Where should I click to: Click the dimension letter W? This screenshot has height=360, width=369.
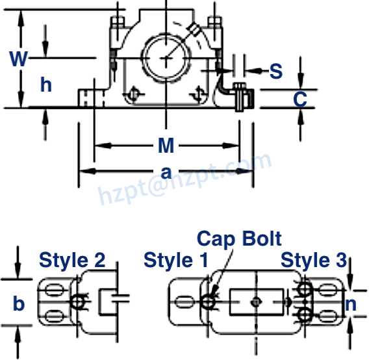[x=19, y=59]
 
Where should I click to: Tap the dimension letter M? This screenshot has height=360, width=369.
[x=166, y=145]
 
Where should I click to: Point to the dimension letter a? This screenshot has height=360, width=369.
[x=166, y=172]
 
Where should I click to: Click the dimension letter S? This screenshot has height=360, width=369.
[x=276, y=71]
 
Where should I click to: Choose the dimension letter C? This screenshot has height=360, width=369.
[x=299, y=99]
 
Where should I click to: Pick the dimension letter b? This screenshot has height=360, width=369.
[x=19, y=303]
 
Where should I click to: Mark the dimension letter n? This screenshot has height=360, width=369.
[x=350, y=303]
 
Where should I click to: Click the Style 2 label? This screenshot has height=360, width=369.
[x=72, y=260]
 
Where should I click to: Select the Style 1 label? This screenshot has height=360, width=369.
[x=176, y=260]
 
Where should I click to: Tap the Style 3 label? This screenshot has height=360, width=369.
[x=313, y=260]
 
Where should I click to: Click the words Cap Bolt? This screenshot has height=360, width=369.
[x=239, y=238]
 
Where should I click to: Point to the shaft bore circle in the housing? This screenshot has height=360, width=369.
[x=164, y=57]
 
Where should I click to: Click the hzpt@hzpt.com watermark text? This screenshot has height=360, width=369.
[x=185, y=176]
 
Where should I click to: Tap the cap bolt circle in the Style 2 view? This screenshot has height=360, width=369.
[x=79, y=302]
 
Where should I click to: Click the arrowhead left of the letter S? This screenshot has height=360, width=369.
[x=251, y=70]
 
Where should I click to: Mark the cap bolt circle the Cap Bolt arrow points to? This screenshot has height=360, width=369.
[x=209, y=302]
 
